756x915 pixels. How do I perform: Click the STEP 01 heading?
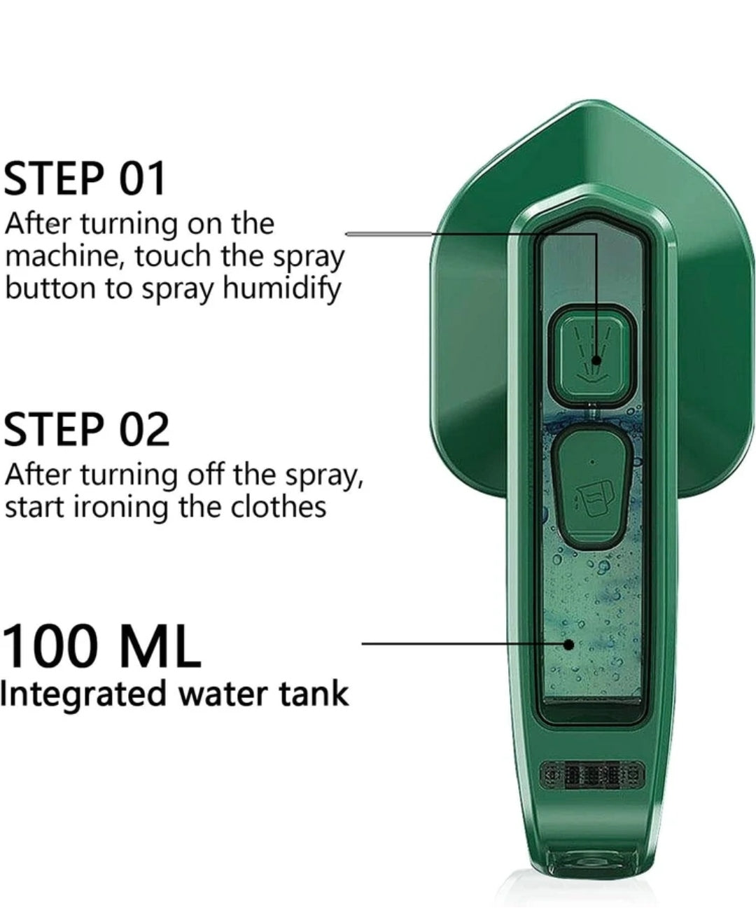point(85,179)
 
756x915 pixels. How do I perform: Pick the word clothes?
point(280,506)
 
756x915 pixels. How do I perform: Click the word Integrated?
point(84,694)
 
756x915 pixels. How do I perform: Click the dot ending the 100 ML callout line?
point(569,644)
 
